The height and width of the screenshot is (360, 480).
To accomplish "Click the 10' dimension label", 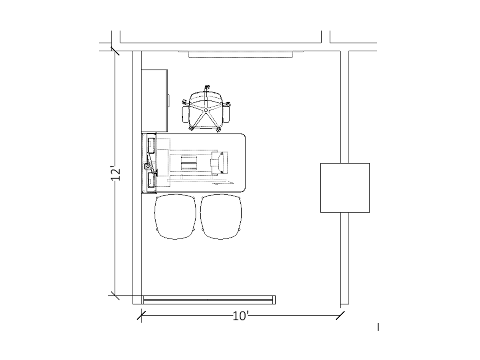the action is [x=240, y=316].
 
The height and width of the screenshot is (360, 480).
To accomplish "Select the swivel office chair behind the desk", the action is [x=206, y=109].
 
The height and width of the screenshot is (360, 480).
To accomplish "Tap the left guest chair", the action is [x=175, y=216].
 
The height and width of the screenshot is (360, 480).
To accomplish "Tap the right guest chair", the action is [x=221, y=216].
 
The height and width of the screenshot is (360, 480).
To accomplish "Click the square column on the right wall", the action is [x=345, y=188].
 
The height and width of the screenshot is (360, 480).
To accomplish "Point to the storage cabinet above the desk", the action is [x=155, y=101].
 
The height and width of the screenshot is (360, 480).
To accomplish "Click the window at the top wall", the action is [x=240, y=54].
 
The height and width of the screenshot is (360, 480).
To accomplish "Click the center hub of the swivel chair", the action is [x=206, y=110].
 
